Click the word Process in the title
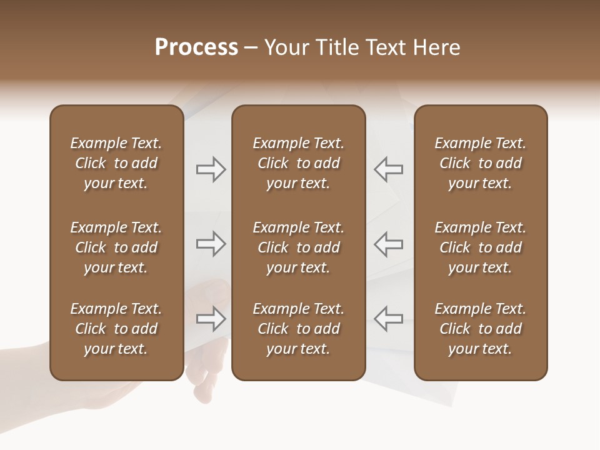click(x=196, y=48)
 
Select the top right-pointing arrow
click(x=211, y=169)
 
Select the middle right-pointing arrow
click(x=211, y=244)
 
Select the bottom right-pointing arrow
click(x=211, y=319)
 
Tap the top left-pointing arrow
click(x=388, y=169)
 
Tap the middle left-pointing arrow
click(x=388, y=244)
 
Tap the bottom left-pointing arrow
click(x=388, y=318)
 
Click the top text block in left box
click(x=116, y=163)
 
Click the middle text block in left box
click(x=116, y=247)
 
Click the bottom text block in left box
click(x=116, y=329)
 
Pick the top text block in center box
click(x=298, y=163)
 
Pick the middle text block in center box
click(x=298, y=247)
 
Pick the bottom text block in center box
click(x=298, y=329)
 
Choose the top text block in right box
click(x=481, y=163)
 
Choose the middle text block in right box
click(x=481, y=247)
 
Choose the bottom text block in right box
click(x=481, y=329)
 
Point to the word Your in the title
click(x=287, y=48)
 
